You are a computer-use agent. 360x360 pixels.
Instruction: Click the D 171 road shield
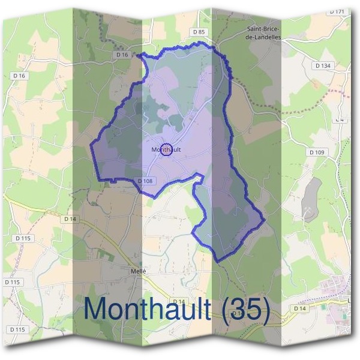coord(337,11)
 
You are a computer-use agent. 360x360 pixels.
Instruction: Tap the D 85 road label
coord(199,32)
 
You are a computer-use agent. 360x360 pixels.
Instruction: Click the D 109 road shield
coord(317,152)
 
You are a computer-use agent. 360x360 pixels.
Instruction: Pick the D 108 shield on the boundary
coord(146,181)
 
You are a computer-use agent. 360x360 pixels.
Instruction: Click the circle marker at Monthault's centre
coord(167,149)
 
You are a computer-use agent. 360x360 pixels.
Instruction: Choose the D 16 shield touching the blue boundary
coord(122,55)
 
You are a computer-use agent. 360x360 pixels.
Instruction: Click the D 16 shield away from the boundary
coord(19,76)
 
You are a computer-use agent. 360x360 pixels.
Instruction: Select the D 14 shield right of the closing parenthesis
coord(299,308)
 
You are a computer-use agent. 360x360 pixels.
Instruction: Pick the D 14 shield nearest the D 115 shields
coord(70,219)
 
